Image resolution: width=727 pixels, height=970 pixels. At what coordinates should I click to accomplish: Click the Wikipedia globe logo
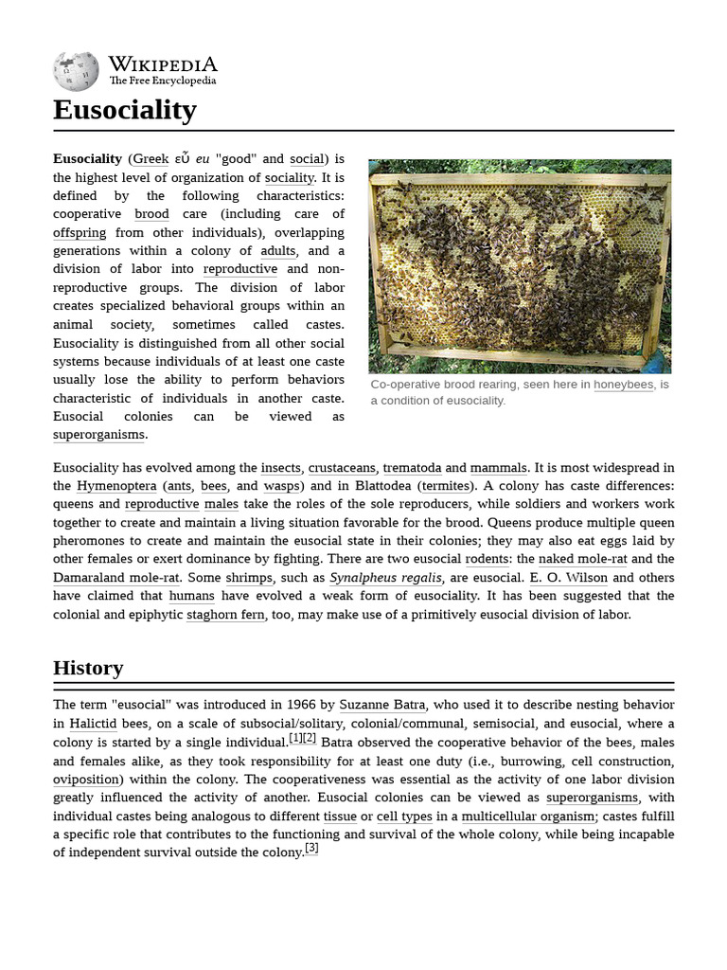[x=76, y=72]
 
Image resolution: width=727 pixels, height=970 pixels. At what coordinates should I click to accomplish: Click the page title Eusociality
[x=124, y=110]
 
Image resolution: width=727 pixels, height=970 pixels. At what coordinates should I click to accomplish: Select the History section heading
[x=88, y=668]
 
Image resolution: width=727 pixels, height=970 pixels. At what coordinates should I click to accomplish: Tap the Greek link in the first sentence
[x=151, y=159]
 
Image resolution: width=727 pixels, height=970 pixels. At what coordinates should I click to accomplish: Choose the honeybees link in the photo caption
[x=623, y=385]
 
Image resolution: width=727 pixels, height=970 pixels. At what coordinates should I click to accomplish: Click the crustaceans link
[x=341, y=468]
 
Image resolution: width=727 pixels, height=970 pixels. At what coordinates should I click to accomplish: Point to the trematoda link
[x=412, y=468]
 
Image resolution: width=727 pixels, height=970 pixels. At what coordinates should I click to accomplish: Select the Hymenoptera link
[x=116, y=486]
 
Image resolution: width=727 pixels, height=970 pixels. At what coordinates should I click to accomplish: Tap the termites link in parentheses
[x=445, y=486]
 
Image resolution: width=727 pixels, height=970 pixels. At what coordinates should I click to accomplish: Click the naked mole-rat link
[x=582, y=559]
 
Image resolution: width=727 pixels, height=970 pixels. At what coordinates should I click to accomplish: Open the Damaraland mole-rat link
[x=116, y=577]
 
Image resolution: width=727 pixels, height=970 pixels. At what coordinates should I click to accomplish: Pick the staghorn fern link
[x=225, y=614]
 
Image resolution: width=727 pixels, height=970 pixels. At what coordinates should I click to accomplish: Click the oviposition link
[x=88, y=779]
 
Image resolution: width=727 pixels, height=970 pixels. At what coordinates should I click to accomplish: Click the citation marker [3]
[x=311, y=849]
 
